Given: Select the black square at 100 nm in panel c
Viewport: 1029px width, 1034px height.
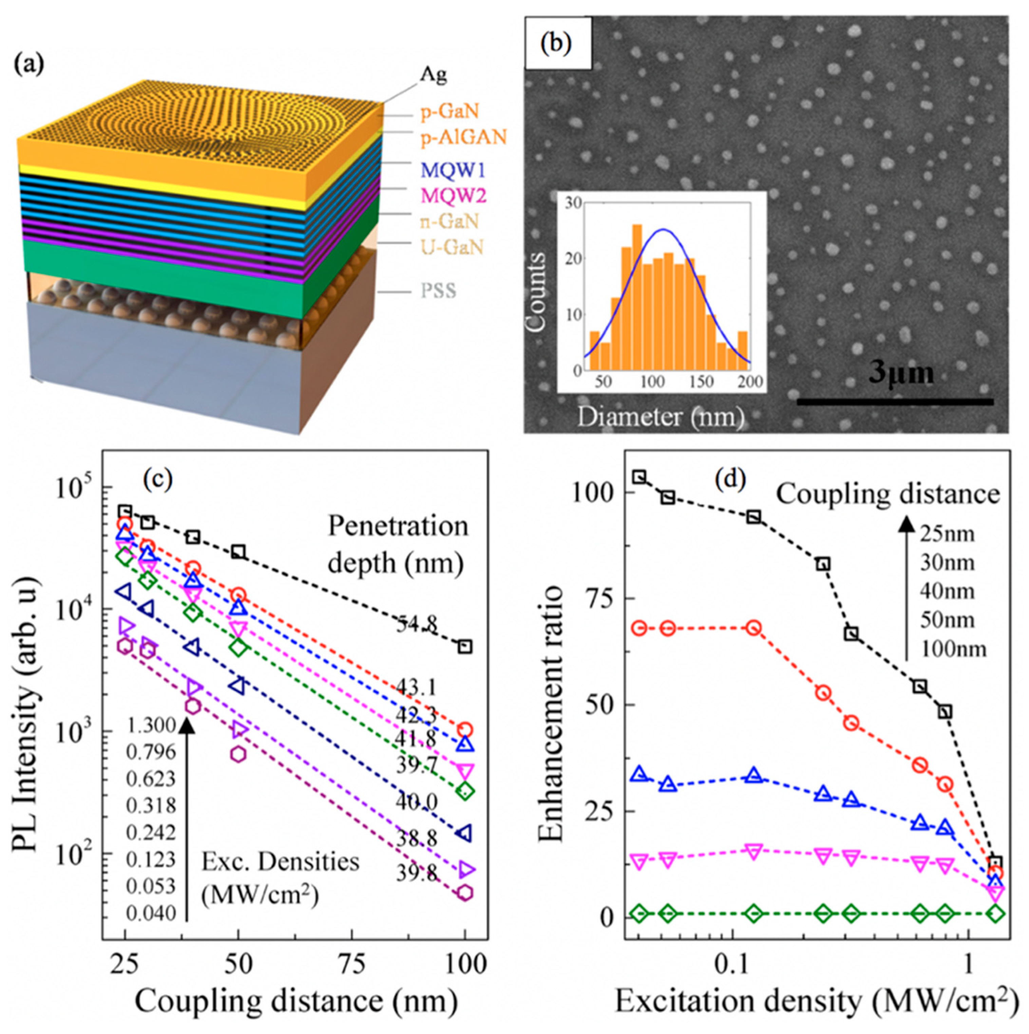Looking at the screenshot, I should point(465,647).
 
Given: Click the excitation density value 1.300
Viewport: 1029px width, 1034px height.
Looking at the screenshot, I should point(151,726).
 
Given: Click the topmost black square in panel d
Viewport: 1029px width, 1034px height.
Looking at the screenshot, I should point(639,476).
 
